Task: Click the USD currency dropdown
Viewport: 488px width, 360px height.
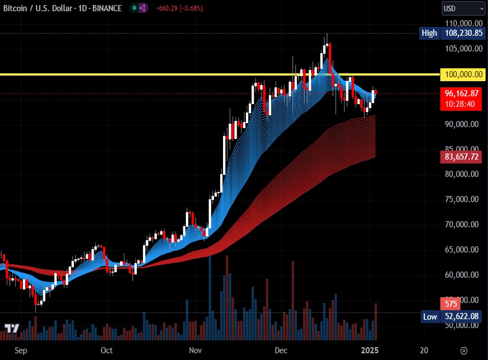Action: click(x=463, y=8)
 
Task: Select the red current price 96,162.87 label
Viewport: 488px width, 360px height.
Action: click(x=462, y=93)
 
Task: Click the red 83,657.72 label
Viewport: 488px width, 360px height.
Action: click(x=462, y=157)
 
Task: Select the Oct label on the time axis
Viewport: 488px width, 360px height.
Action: click(x=106, y=350)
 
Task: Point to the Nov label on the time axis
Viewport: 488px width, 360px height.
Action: click(x=195, y=350)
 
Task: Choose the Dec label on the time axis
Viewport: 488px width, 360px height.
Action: click(x=281, y=350)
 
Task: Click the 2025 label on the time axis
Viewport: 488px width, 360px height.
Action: click(x=370, y=350)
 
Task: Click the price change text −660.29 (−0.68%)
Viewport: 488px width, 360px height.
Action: click(x=180, y=8)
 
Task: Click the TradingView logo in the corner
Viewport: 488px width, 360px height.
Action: click(x=12, y=329)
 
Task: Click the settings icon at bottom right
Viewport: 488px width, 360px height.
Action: click(x=463, y=350)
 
